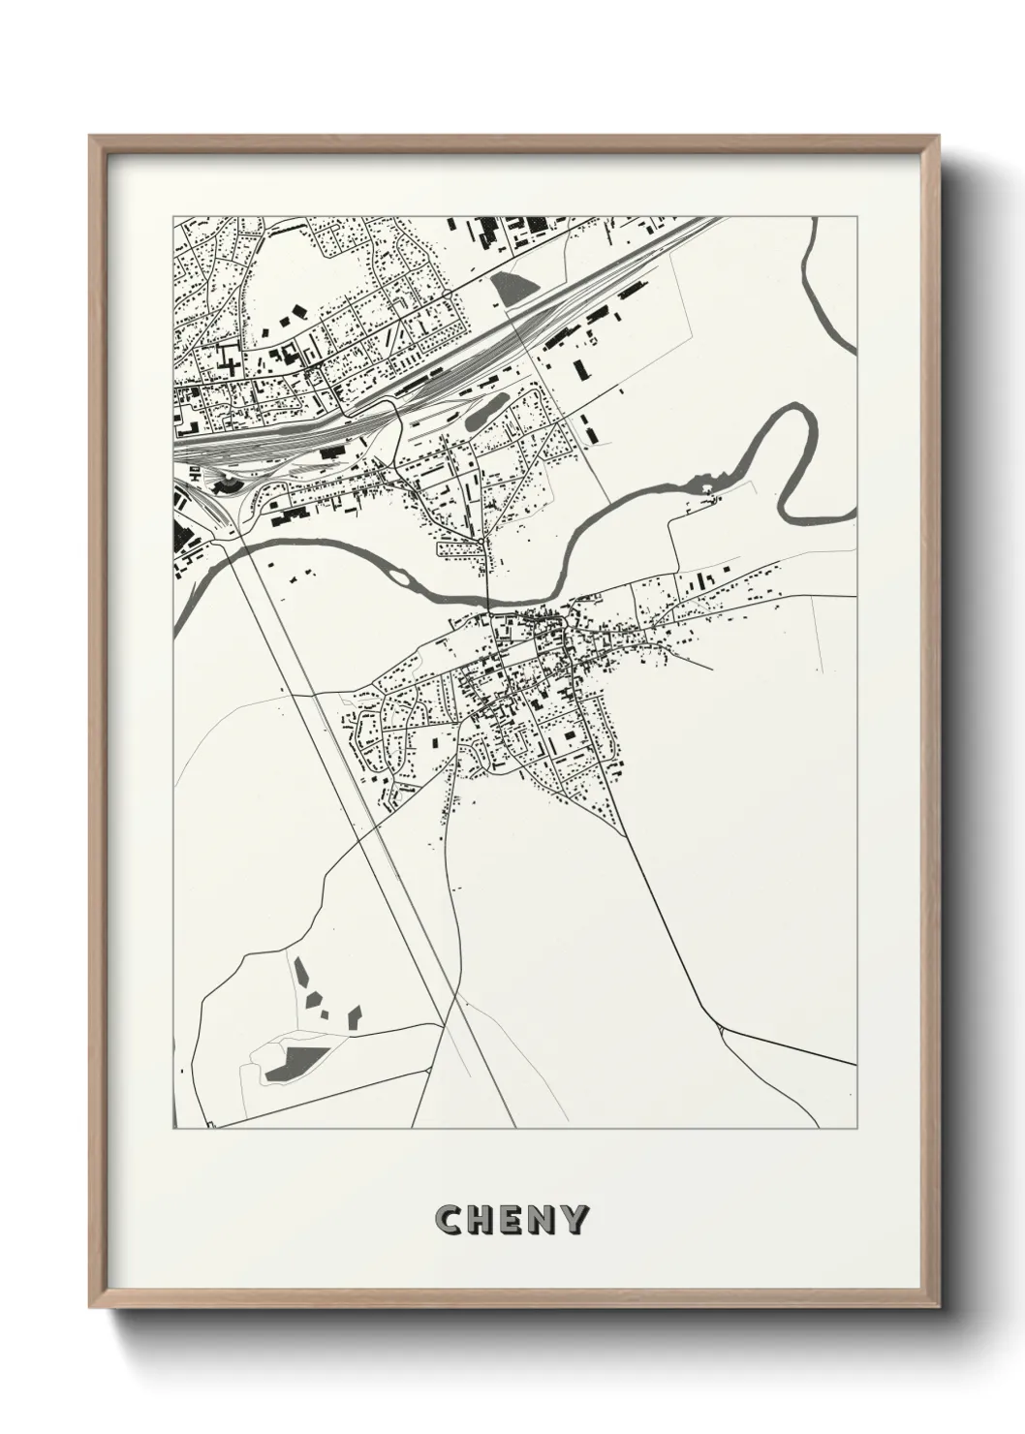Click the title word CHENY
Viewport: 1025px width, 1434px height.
tap(512, 1220)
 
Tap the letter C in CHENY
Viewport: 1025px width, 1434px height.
tap(450, 1220)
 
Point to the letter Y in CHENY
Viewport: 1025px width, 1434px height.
tap(575, 1220)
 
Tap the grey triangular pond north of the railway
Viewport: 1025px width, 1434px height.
tap(513, 284)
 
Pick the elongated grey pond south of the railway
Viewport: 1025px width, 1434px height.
tap(484, 411)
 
